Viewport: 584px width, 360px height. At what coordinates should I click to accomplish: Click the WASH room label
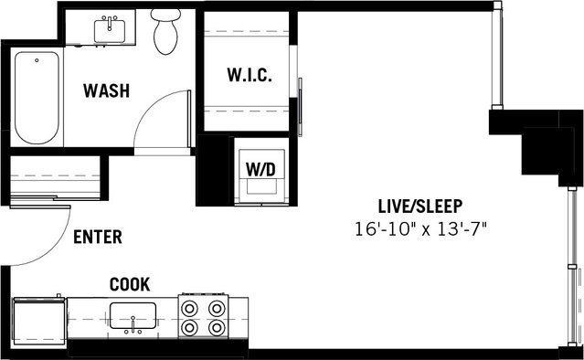pyautogui.click(x=107, y=90)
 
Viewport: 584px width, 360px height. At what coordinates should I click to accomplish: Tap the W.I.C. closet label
pyautogui.click(x=250, y=75)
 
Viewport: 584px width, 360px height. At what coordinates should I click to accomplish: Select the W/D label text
pyautogui.click(x=260, y=169)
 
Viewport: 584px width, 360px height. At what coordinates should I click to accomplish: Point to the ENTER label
pyautogui.click(x=98, y=237)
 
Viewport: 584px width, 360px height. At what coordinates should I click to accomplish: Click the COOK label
pyautogui.click(x=130, y=284)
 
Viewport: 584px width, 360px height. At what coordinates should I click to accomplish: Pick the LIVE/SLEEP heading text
pyautogui.click(x=420, y=206)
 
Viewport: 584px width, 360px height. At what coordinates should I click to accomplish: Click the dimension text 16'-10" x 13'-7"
pyautogui.click(x=421, y=229)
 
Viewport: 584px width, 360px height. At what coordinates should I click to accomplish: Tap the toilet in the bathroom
pyautogui.click(x=165, y=31)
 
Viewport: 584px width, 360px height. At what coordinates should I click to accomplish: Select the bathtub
pyautogui.click(x=37, y=98)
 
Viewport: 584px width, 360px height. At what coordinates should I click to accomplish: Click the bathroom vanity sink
pyautogui.click(x=110, y=31)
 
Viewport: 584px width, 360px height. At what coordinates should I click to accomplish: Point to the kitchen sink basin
pyautogui.click(x=133, y=315)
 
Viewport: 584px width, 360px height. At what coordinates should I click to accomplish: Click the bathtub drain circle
pyautogui.click(x=37, y=60)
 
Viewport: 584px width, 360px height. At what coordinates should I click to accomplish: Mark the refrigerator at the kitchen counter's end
pyautogui.click(x=39, y=321)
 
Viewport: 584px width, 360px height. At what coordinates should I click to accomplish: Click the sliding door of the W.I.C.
pyautogui.click(x=300, y=107)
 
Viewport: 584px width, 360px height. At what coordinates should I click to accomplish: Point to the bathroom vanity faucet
pyautogui.click(x=110, y=22)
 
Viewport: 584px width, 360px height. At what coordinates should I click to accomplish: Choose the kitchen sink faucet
pyautogui.click(x=133, y=324)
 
